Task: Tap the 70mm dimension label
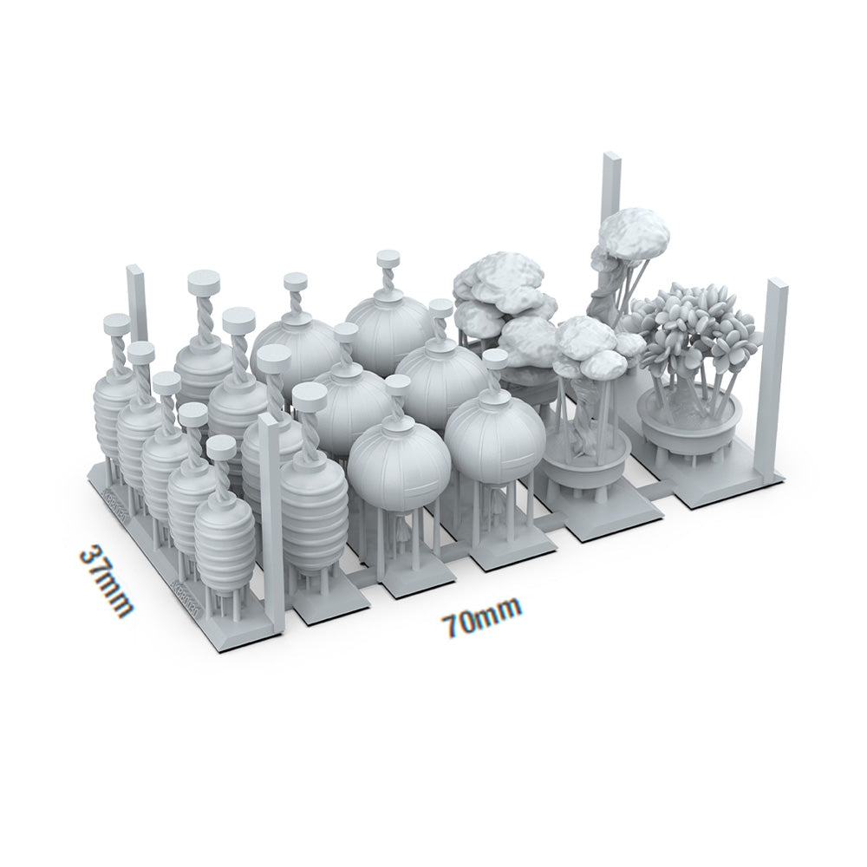481,617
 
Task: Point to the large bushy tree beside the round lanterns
507,308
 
